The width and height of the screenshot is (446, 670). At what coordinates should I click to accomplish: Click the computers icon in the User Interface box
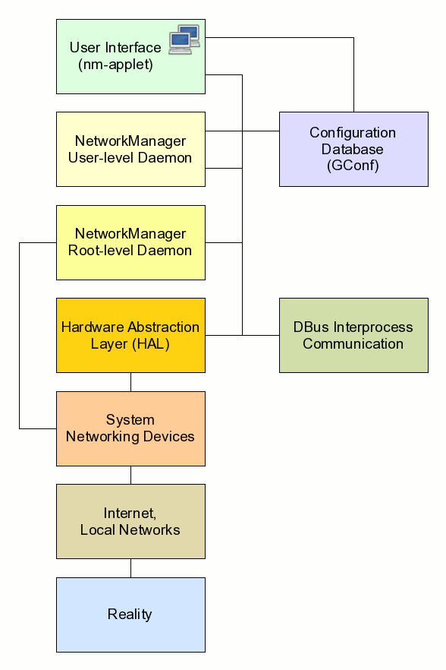click(184, 40)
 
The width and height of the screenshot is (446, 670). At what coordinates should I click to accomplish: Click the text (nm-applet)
click(115, 65)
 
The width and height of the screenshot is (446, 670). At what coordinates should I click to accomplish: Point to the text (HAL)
click(151, 344)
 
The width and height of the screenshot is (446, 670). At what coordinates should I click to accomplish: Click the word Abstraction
click(164, 327)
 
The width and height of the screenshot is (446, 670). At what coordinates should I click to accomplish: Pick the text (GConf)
click(353, 166)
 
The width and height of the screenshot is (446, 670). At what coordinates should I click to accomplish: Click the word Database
click(353, 149)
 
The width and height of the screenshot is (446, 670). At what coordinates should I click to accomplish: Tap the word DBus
click(311, 327)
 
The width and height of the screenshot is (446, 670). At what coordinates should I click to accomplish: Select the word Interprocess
click(373, 327)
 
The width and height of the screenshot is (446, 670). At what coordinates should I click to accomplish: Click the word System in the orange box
click(130, 420)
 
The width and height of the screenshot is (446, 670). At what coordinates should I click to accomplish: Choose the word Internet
click(130, 514)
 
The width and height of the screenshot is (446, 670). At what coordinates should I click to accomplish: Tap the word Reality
click(130, 615)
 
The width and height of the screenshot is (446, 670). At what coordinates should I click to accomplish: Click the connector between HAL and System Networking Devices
click(130, 382)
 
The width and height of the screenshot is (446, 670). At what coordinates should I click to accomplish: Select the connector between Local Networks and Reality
click(130, 568)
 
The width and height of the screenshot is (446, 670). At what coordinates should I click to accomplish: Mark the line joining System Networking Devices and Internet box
click(130, 476)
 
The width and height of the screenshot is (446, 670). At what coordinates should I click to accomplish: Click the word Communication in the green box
click(353, 344)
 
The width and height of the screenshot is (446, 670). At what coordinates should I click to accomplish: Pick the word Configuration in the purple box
click(353, 133)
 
